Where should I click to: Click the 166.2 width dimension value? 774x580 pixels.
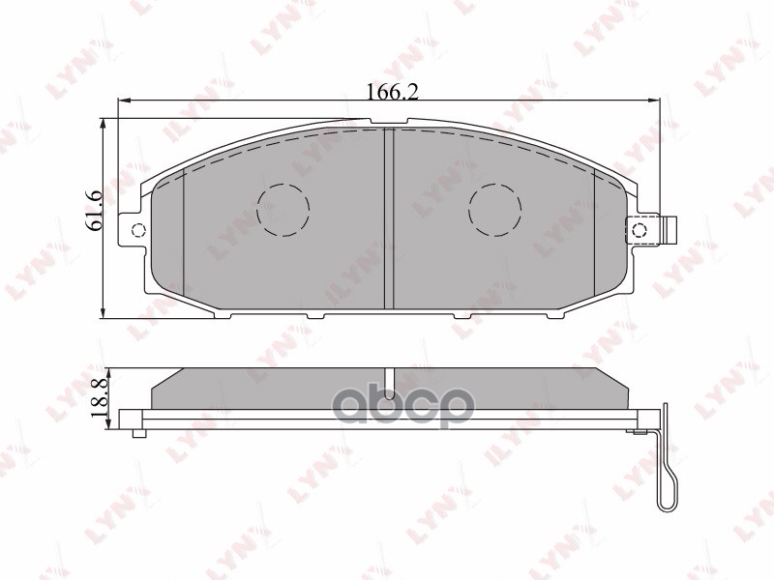pyautogui.click(x=391, y=92)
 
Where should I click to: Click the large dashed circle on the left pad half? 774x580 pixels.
pyautogui.click(x=283, y=210)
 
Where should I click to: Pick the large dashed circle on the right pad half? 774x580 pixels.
pyautogui.click(x=495, y=210)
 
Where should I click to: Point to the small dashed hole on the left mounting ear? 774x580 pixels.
pyautogui.click(x=136, y=230)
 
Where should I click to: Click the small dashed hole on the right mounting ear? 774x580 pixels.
pyautogui.click(x=639, y=229)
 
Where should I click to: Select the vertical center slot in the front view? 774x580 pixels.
pyautogui.click(x=390, y=218)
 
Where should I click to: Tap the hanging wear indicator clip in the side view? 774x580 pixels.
pyautogui.click(x=667, y=464)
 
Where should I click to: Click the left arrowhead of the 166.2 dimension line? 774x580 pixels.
pyautogui.click(x=122, y=100)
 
